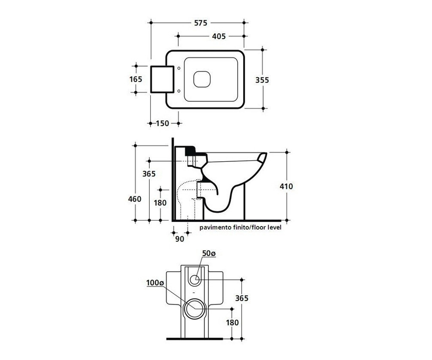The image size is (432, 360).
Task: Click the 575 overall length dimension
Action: tap(201, 23)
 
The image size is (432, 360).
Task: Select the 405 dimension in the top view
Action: tap(219, 36)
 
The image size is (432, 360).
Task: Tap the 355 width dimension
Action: tap(262, 80)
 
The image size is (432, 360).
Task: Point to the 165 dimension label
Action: tap(136, 79)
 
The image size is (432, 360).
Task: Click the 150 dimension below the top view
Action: tap(162, 123)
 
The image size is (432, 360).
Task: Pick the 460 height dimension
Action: tap(135, 199)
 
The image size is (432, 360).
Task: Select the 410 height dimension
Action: tap(286, 186)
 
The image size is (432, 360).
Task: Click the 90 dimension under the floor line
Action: tap(180, 239)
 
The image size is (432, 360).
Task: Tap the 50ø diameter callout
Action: tap(209, 253)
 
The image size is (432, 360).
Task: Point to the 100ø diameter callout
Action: tap(155, 283)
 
